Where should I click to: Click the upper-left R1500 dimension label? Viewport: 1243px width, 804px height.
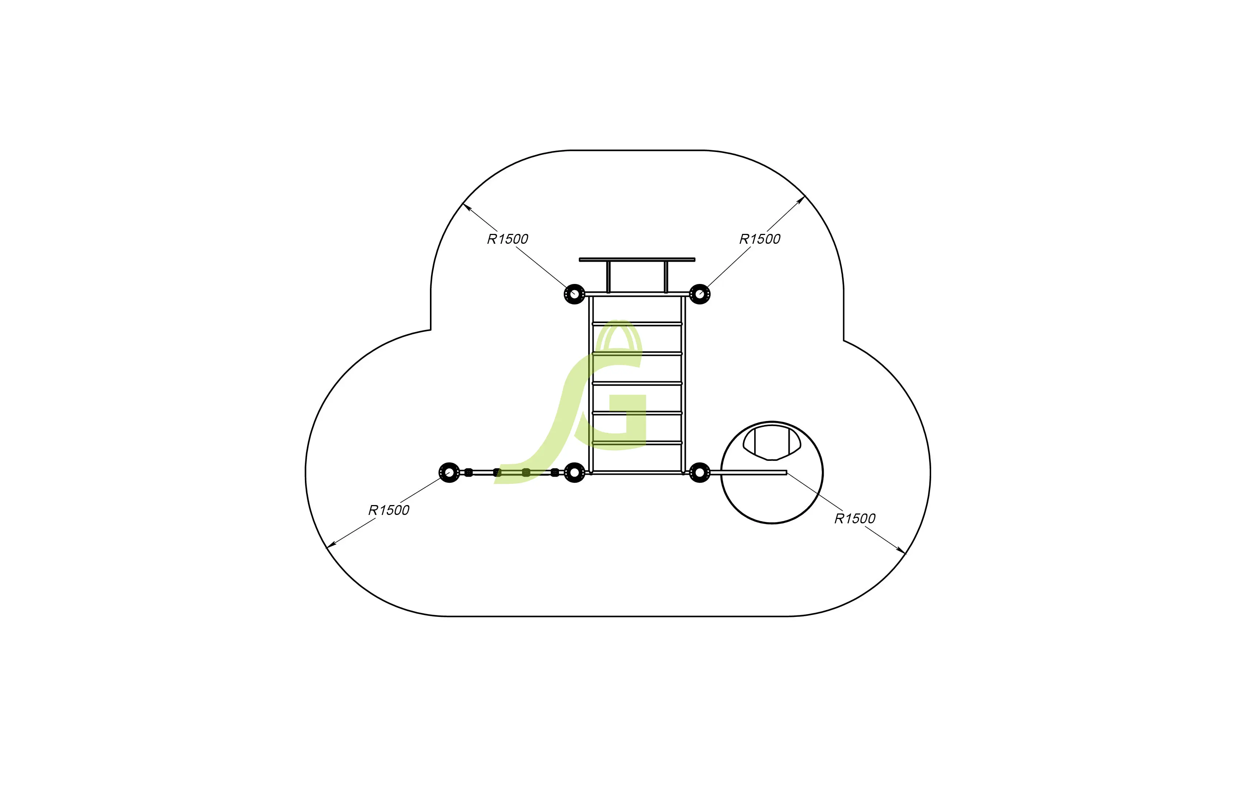[x=507, y=239]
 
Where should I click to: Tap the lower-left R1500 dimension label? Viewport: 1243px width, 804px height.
[x=389, y=510]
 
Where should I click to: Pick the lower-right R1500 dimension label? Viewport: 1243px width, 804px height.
[x=854, y=519]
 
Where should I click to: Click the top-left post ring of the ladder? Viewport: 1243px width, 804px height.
[x=574, y=295]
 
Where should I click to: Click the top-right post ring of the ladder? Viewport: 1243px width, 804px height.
[x=699, y=295]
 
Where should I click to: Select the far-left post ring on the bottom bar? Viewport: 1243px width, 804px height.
[x=449, y=473]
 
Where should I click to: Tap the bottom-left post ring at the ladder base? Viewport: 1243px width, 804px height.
[x=574, y=473]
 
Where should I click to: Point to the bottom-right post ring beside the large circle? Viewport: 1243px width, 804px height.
[x=699, y=473]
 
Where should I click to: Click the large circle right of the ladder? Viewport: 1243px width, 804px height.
[x=772, y=501]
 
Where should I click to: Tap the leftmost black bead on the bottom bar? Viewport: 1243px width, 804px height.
[x=468, y=473]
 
